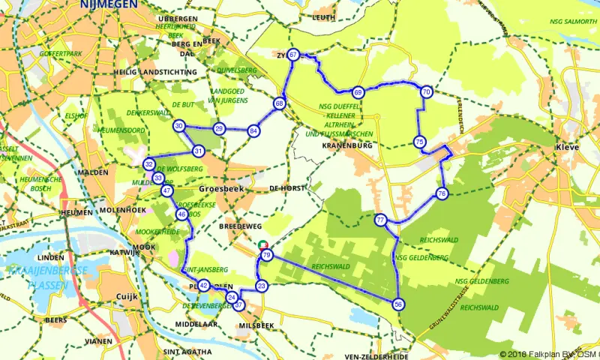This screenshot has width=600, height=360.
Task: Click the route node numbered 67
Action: click(293, 55)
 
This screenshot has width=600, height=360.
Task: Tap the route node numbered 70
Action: click(426, 91)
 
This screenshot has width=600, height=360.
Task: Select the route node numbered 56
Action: click(398, 304)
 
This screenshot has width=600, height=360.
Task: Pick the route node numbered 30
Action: click(178, 126)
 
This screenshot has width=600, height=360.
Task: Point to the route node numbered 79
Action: click(267, 256)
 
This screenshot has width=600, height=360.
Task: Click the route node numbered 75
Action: click(419, 142)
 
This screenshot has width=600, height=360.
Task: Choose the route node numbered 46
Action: click(181, 214)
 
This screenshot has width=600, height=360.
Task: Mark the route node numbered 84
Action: click(254, 131)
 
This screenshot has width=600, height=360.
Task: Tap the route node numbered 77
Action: click(381, 220)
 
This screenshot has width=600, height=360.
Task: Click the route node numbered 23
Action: click(262, 286)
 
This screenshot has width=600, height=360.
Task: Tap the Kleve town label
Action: click(567, 148)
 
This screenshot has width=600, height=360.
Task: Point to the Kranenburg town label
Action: click(346, 145)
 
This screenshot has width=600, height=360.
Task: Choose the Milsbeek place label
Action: click(253, 327)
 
